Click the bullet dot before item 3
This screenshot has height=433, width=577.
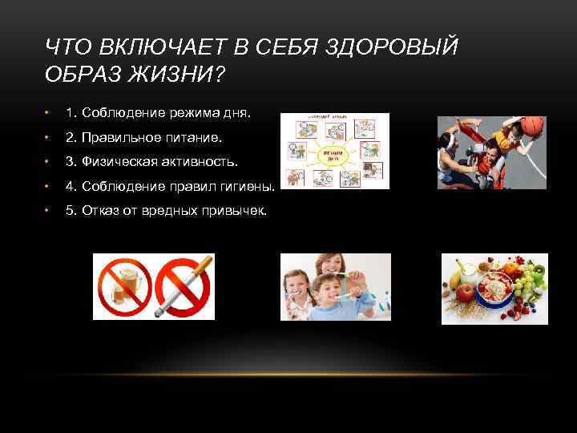[48, 163]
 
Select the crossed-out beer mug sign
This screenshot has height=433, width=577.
[123, 288]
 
